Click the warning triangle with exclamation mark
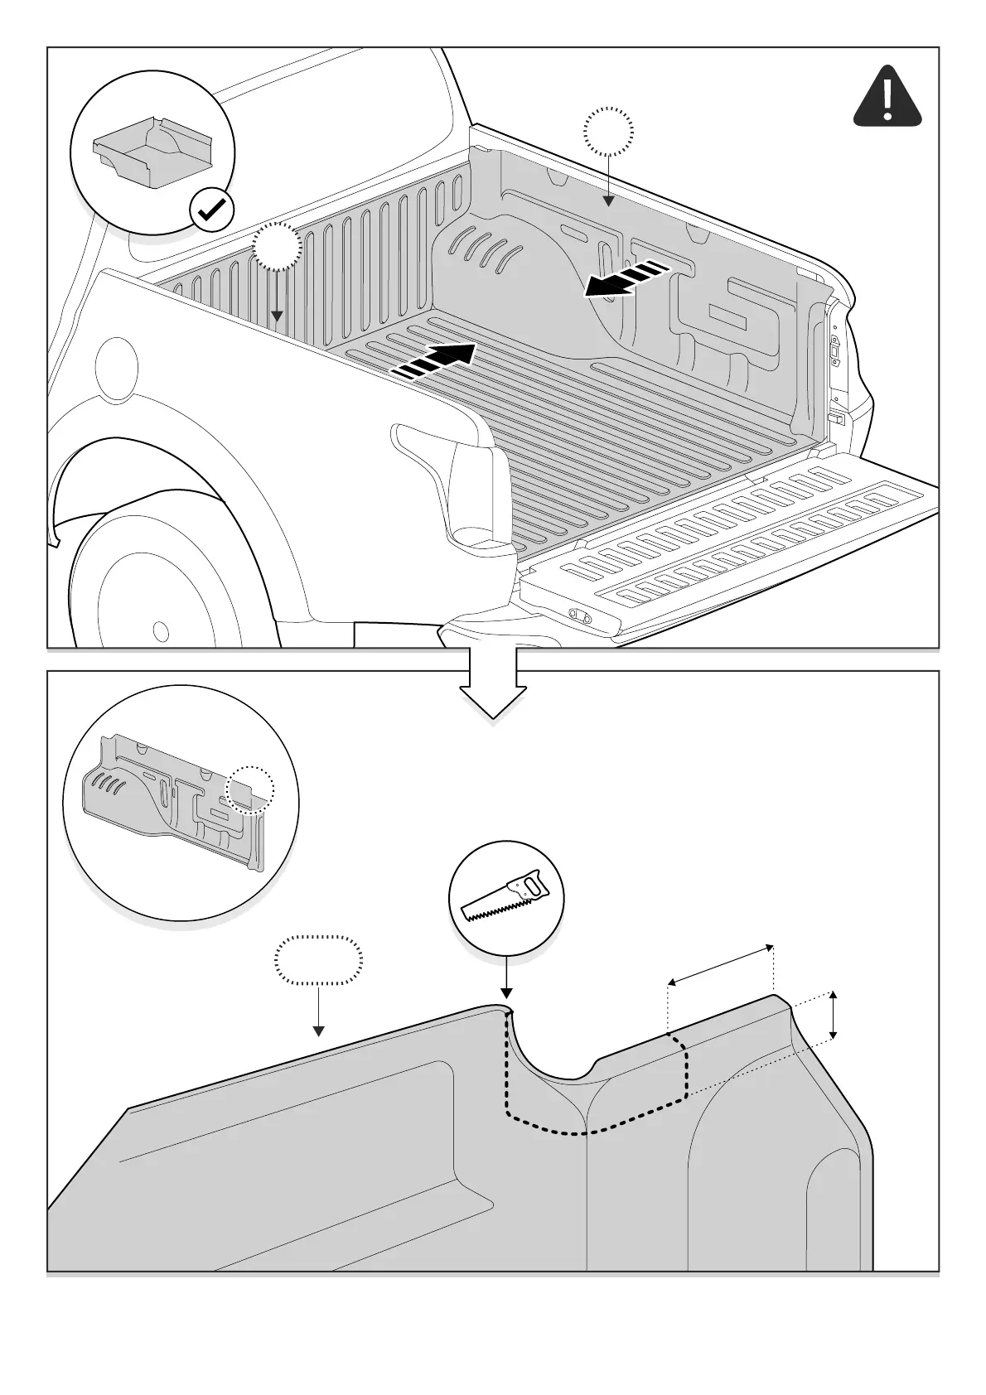[x=887, y=98]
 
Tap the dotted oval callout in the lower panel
[x=318, y=960]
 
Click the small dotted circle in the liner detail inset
[x=249, y=789]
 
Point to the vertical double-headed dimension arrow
[x=834, y=1014]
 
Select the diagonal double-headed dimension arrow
[x=721, y=964]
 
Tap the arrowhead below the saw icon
[x=506, y=993]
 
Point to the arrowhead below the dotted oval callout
[x=318, y=1031]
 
